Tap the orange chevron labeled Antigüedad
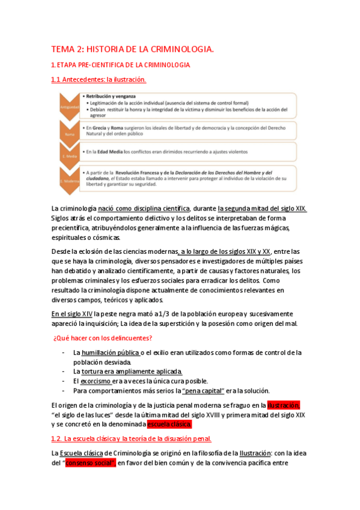[68, 108]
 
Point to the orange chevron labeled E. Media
[68, 155]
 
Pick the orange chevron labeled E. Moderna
[68, 181]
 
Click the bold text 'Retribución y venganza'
[111, 96]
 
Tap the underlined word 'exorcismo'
[96, 381]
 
